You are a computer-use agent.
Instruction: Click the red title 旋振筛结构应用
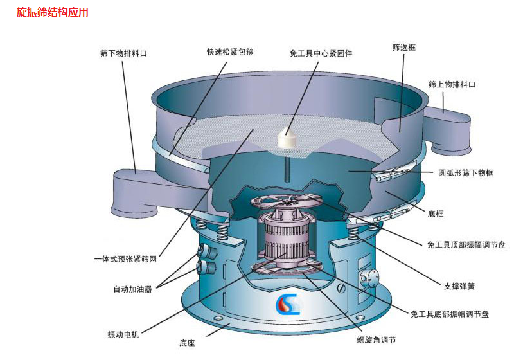coord(52,12)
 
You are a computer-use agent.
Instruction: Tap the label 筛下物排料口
coord(123,54)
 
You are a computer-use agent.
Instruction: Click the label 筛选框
coord(403,48)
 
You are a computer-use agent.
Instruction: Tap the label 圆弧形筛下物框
coord(466,173)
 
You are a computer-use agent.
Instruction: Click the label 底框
coord(435,212)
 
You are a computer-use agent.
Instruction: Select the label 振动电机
coord(123,334)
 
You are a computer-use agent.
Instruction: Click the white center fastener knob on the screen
coord(285,137)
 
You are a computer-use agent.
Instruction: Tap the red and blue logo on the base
coord(287,304)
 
